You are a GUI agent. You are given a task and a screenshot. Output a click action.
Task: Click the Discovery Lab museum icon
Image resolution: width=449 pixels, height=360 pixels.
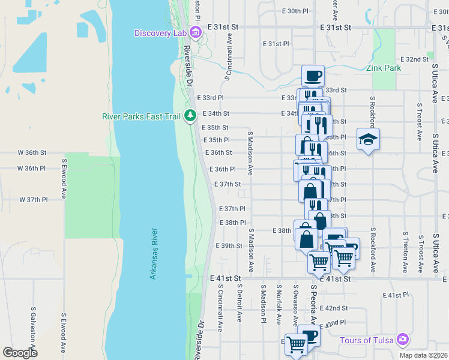195,32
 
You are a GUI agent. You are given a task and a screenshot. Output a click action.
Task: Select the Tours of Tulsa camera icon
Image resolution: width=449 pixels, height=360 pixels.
403,340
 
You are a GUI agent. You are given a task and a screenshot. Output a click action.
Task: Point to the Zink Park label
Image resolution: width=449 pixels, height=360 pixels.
384,68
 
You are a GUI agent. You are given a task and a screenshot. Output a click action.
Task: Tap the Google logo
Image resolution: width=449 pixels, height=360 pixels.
20,353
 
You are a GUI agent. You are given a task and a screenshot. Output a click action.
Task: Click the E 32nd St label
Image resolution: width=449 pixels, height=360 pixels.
413,59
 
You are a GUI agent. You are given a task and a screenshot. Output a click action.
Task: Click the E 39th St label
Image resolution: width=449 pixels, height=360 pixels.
228,246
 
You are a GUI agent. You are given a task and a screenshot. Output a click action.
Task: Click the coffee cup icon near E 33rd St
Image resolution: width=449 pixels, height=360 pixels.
313,76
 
